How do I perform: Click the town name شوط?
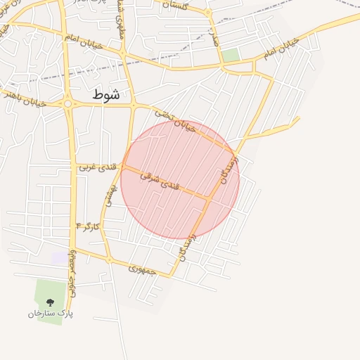[x=105, y=94]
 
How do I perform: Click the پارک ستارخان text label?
[x=50, y=314]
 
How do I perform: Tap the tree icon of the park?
[x=49, y=302]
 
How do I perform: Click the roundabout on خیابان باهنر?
[x=68, y=104]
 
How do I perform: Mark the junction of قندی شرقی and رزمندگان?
[x=208, y=199]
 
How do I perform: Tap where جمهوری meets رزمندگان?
[x=171, y=276]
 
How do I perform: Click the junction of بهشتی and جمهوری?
[x=110, y=259]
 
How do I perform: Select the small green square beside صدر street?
[x=230, y=54]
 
